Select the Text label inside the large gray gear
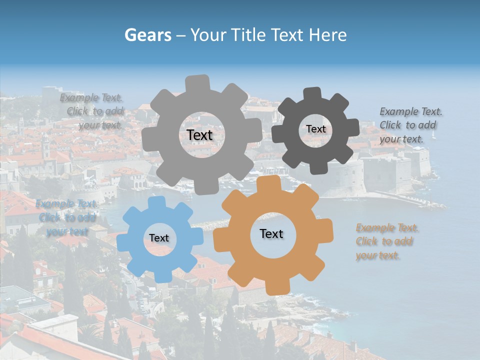(x=199, y=135)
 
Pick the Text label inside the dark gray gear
(x=315, y=129)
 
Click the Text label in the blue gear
(x=159, y=238)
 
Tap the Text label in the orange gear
(x=271, y=233)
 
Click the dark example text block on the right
(x=410, y=125)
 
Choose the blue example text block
(x=66, y=217)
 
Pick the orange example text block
(x=387, y=241)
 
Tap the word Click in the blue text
(x=49, y=217)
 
